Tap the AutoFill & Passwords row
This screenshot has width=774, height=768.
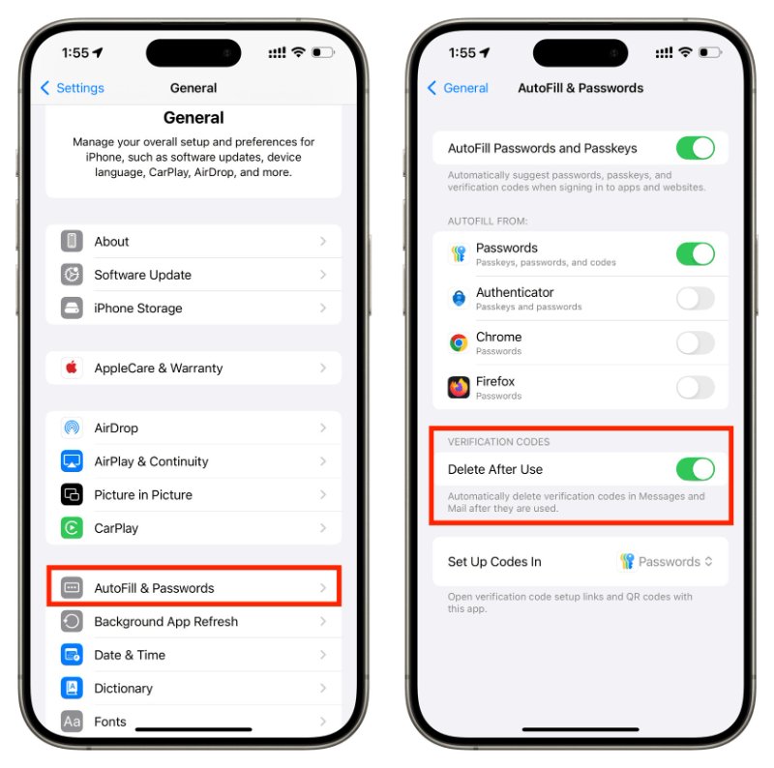point(193,588)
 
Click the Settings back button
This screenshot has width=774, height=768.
point(73,88)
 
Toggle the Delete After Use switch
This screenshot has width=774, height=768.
point(695,469)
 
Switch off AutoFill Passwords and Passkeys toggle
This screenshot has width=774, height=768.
point(695,148)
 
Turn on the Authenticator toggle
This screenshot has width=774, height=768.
point(695,299)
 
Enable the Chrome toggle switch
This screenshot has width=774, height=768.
point(695,343)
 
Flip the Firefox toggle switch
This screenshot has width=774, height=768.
point(695,388)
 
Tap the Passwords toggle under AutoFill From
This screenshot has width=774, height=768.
point(695,254)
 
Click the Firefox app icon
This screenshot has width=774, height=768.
point(459,388)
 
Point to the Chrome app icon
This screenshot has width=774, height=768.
point(459,343)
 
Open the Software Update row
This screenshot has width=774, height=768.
point(193,275)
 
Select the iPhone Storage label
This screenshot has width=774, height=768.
point(138,309)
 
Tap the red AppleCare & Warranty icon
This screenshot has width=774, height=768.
point(72,369)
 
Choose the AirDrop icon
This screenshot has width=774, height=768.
point(72,428)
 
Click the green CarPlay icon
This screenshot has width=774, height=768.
point(72,528)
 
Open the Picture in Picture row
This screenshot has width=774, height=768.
point(193,494)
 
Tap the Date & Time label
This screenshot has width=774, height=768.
point(130,655)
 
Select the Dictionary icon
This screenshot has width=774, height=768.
point(72,689)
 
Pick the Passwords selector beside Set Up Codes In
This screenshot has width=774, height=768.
point(668,562)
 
